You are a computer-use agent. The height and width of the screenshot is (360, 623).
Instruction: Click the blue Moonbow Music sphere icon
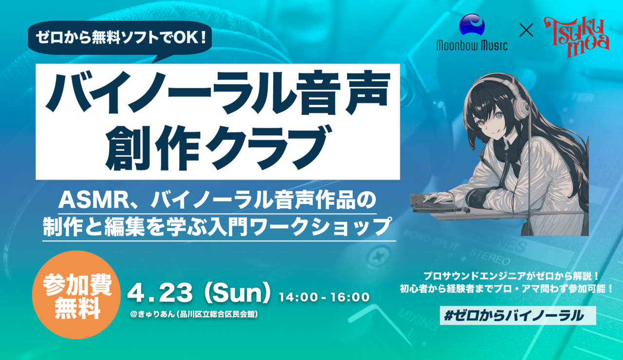click(x=472, y=24)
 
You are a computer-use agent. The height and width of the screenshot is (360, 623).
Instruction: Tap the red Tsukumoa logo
click(x=577, y=36)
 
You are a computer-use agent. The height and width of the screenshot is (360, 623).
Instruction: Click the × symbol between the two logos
click(x=526, y=30)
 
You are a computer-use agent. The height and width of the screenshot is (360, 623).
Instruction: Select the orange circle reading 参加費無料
click(x=76, y=295)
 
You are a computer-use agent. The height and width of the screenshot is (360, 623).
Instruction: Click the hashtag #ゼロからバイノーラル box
click(x=518, y=316)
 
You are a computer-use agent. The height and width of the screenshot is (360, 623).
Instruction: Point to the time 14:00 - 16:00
click(x=324, y=297)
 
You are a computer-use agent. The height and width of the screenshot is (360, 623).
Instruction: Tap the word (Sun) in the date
click(x=237, y=293)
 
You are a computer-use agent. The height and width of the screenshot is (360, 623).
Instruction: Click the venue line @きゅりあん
click(x=194, y=314)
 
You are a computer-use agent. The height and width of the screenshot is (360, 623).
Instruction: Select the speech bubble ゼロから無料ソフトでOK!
click(x=120, y=39)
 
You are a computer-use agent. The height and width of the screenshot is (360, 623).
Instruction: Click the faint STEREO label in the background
click(x=490, y=257)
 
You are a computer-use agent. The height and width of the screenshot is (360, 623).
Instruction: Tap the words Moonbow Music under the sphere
click(x=472, y=45)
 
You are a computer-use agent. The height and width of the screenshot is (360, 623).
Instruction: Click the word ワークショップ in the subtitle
click(x=320, y=227)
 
